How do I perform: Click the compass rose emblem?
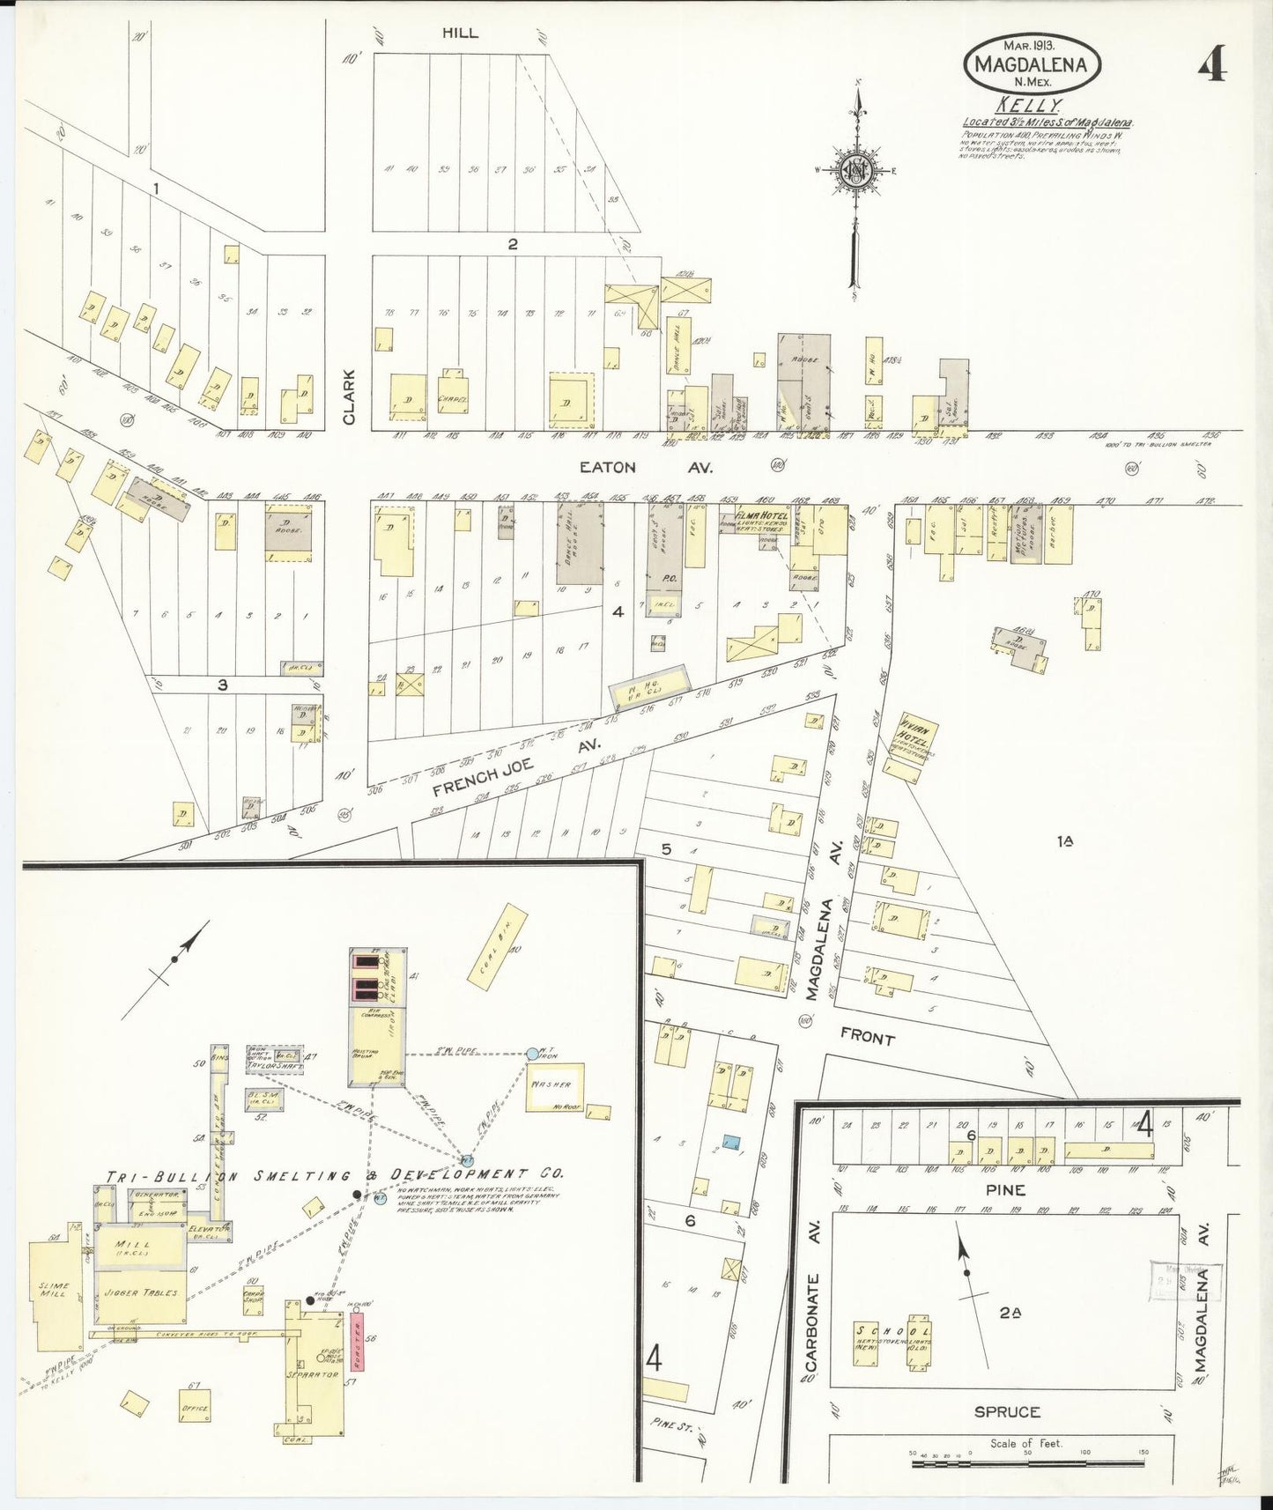pos(855,171)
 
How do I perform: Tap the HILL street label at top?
pos(460,33)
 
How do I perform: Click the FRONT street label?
pos(867,1038)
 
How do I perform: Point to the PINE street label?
pos(1005,1189)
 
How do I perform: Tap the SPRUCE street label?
pos(1007,1411)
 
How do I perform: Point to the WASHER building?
pos(553,1085)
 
